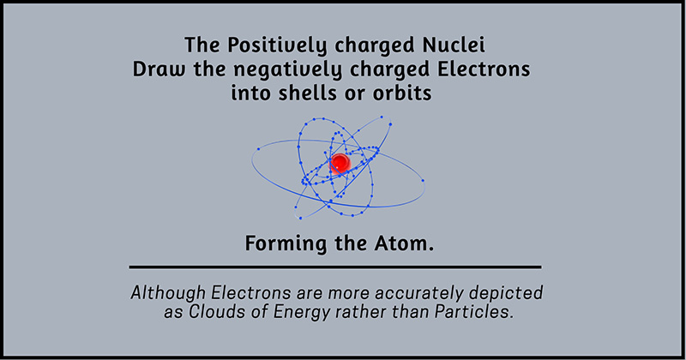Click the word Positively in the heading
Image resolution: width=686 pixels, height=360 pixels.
coord(277,46)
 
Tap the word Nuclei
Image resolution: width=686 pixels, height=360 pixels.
coord(454,45)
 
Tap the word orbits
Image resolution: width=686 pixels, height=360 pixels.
coord(402,93)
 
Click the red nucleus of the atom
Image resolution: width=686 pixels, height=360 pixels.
coord(340,163)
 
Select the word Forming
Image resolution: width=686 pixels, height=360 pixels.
coord(286,244)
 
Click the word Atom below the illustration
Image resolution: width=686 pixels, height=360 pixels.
coord(401,243)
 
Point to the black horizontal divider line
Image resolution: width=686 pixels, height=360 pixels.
coord(335,267)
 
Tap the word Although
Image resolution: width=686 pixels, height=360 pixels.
coord(168,293)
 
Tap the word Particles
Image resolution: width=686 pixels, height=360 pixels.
coord(473,312)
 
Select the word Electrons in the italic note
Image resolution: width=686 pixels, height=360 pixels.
coord(251,292)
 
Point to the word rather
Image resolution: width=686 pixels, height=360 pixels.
coord(361,312)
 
